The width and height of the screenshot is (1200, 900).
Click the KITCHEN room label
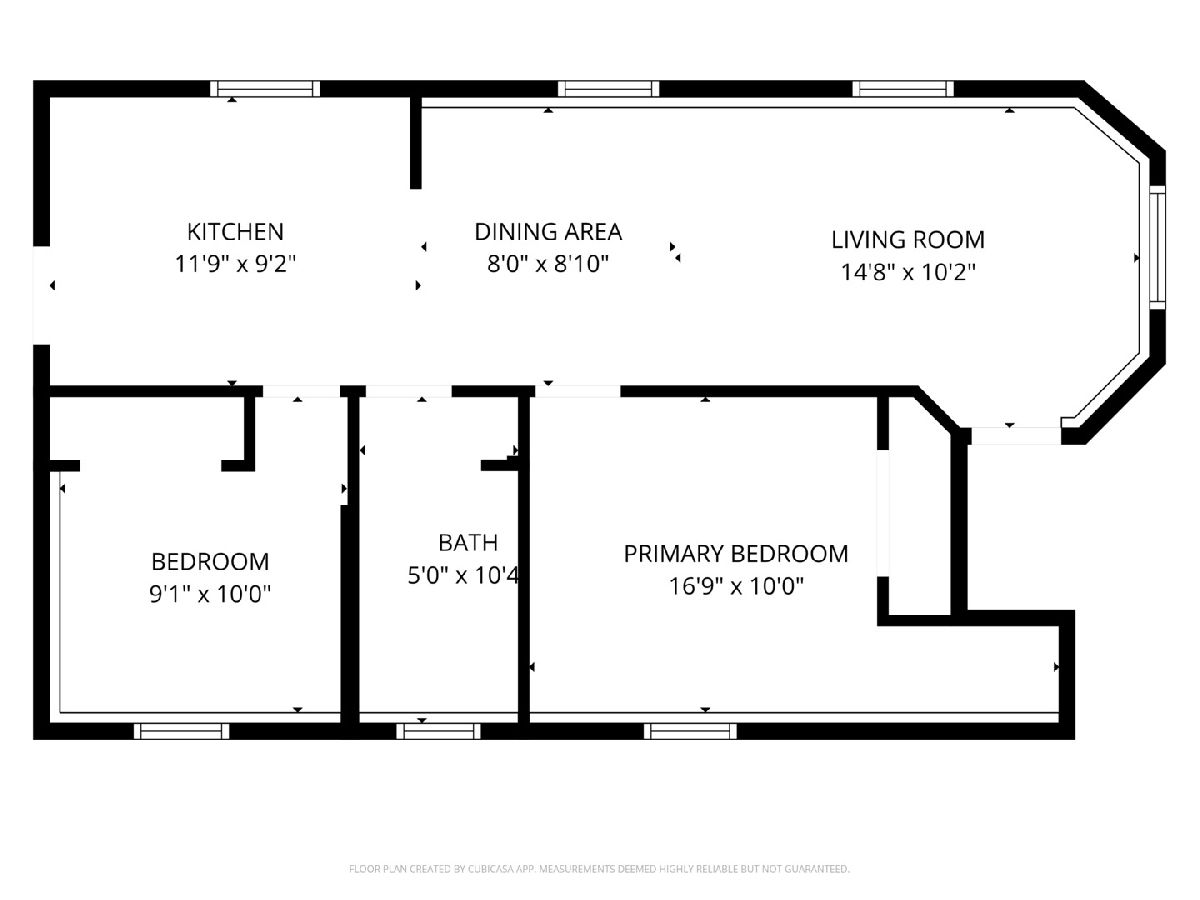(235, 232)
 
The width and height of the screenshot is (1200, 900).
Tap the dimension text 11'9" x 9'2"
(235, 264)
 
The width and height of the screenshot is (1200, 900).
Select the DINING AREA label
(548, 232)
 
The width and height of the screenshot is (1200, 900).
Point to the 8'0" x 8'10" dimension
(548, 264)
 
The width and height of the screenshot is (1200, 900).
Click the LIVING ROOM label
(908, 240)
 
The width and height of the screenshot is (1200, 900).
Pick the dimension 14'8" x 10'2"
(908, 272)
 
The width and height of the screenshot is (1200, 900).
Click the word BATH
(468, 543)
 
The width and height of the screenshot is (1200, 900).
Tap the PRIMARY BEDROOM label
(736, 554)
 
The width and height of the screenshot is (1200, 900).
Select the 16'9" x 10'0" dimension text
(736, 586)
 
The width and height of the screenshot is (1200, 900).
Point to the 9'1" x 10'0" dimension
(210, 594)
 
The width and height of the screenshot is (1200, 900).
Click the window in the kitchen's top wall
(265, 89)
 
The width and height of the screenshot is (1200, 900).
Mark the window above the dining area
(608, 89)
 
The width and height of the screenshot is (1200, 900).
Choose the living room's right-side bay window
(1156, 248)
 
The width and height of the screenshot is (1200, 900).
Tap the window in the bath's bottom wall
(438, 731)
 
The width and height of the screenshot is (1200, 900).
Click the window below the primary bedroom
(690, 731)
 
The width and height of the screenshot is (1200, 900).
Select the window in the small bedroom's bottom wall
(182, 731)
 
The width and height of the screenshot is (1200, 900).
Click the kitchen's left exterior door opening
(42, 296)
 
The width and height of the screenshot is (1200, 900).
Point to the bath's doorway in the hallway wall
(409, 391)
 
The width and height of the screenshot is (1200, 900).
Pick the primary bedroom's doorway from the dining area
(577, 391)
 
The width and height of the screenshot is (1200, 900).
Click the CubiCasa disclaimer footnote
(599, 869)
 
